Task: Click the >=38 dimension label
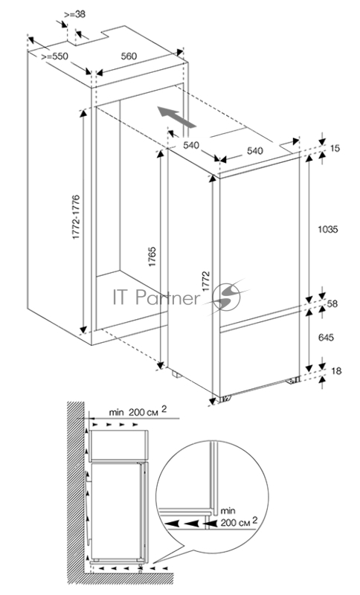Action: [74, 14]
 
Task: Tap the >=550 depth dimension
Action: [54, 57]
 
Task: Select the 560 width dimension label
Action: [129, 57]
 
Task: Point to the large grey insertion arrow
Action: [178, 118]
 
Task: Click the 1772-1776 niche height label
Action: [77, 217]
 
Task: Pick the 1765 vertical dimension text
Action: [152, 257]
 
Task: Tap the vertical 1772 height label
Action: [205, 281]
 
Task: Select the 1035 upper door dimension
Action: [328, 229]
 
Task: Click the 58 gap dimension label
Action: [332, 303]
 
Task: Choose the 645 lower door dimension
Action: [327, 337]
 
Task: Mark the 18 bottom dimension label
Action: [336, 370]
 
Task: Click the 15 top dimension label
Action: [335, 148]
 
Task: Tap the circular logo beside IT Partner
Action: [226, 296]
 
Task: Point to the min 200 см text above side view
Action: [138, 411]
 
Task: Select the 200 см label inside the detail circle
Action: [239, 522]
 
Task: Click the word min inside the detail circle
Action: [228, 510]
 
